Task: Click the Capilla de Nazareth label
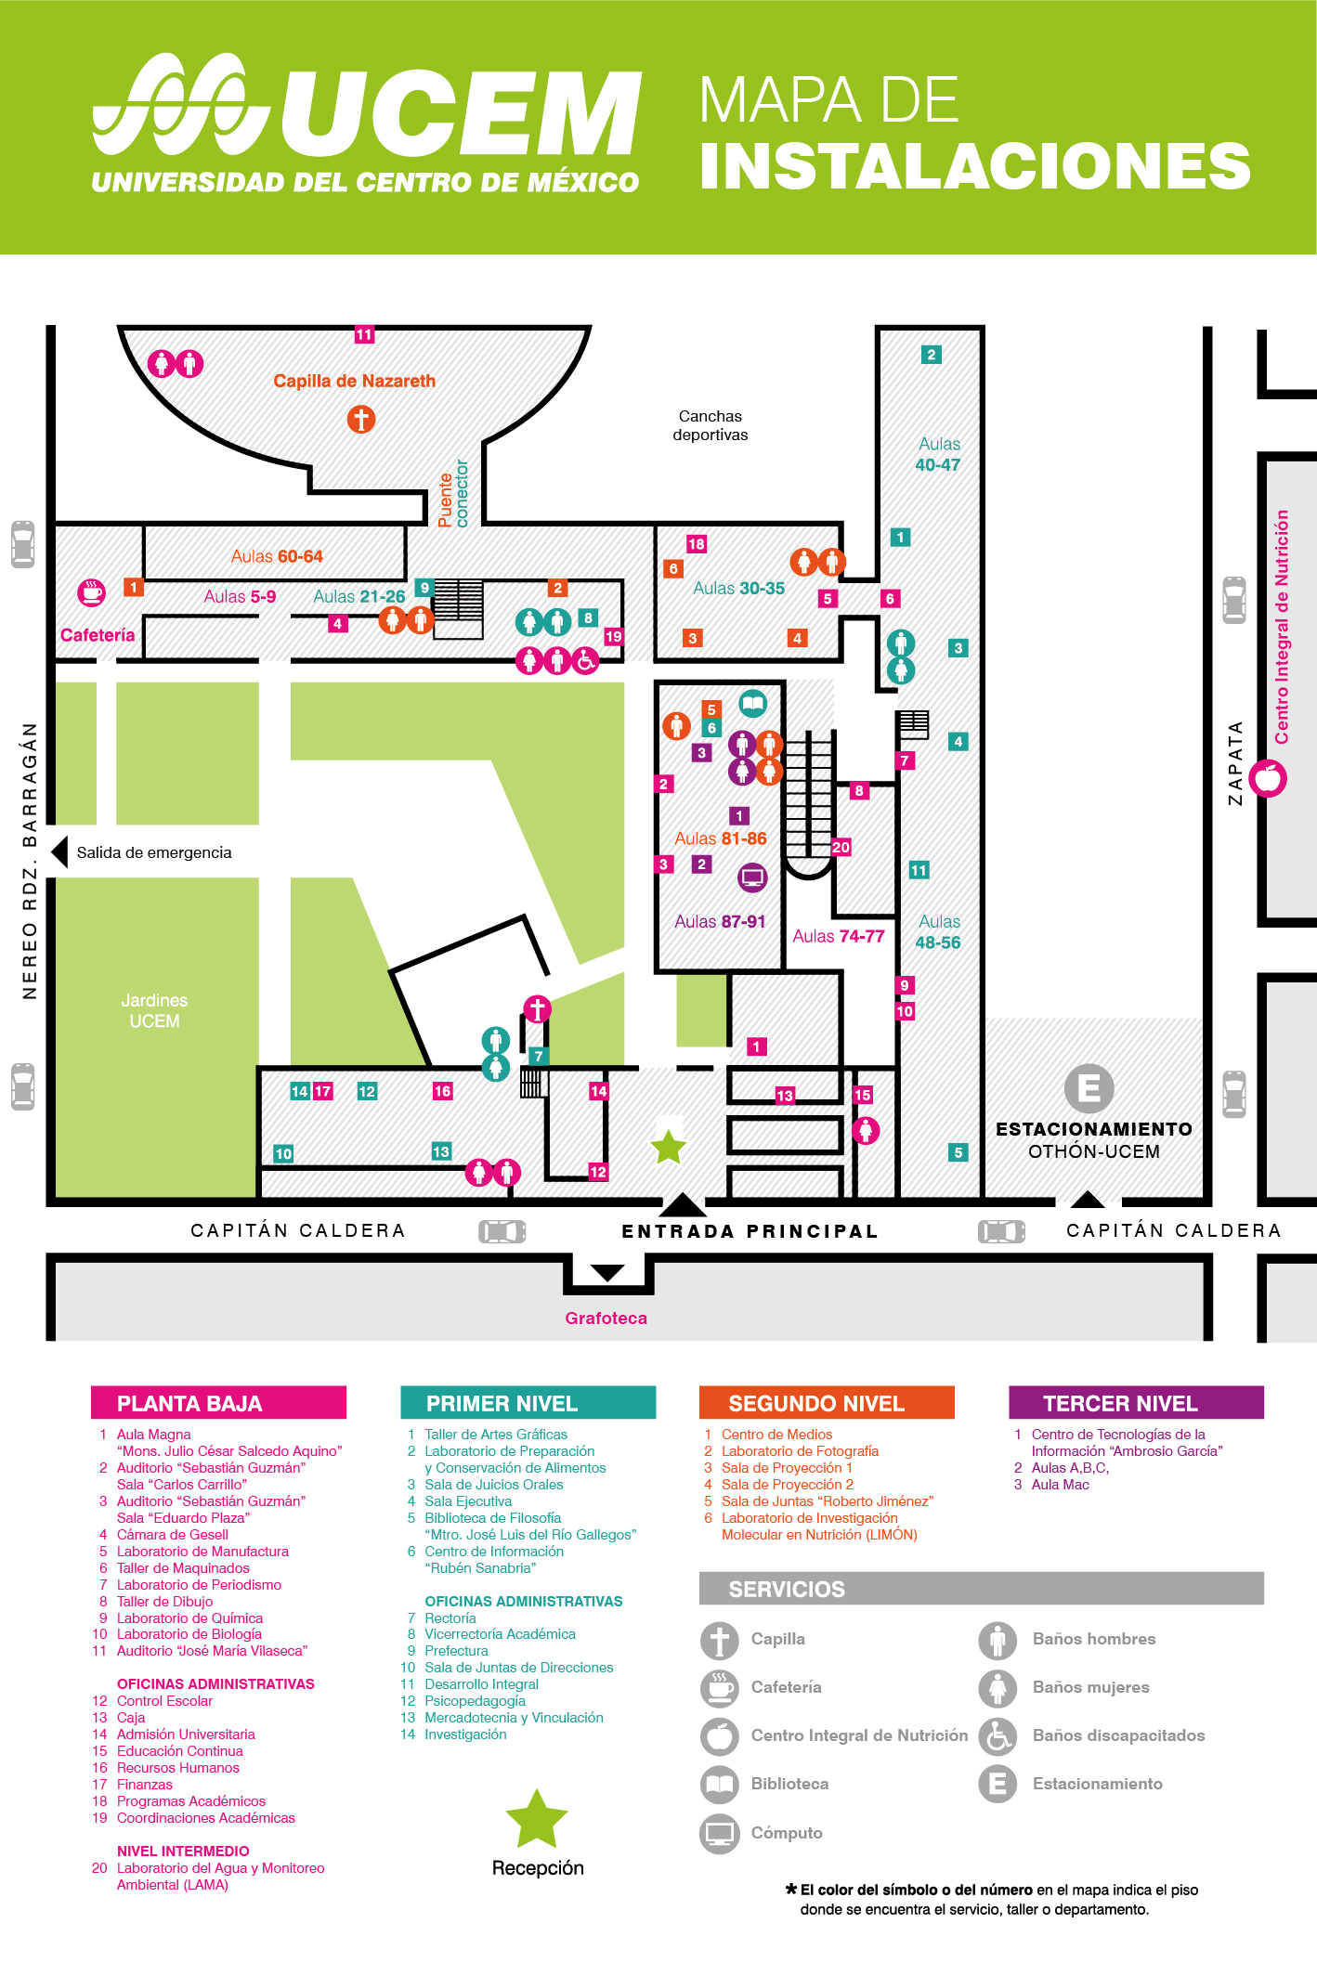[354, 381]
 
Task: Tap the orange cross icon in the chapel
[361, 420]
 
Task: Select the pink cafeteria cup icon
[91, 591]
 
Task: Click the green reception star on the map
[669, 1148]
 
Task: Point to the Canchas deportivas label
[711, 425]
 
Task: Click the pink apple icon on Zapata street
[1268, 778]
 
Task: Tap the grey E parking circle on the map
[1089, 1088]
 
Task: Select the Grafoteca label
[606, 1318]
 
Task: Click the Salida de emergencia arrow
[60, 851]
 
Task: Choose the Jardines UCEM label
[154, 1010]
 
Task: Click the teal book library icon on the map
[753, 703]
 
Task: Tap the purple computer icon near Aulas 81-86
[752, 877]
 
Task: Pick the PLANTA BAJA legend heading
[218, 1403]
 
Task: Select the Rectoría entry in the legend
[450, 1618]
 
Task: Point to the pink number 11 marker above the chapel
[364, 334]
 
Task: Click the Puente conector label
[453, 494]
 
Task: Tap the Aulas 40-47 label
[938, 455]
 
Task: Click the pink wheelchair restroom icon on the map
[585, 661]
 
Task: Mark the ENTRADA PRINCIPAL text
[750, 1231]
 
